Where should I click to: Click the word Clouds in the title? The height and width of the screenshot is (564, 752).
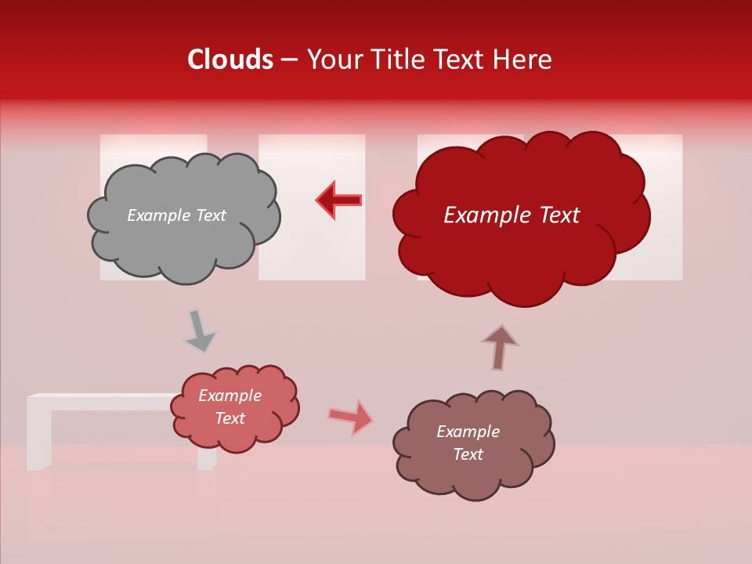click(230, 60)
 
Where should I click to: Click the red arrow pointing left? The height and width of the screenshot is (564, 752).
click(338, 200)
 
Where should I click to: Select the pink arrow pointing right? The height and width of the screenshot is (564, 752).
click(350, 417)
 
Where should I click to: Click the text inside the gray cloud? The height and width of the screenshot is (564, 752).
click(176, 215)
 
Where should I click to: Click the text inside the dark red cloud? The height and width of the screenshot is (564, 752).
click(512, 215)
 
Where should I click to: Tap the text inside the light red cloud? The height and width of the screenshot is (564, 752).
click(230, 407)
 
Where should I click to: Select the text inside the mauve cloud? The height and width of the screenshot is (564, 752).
click(468, 443)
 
